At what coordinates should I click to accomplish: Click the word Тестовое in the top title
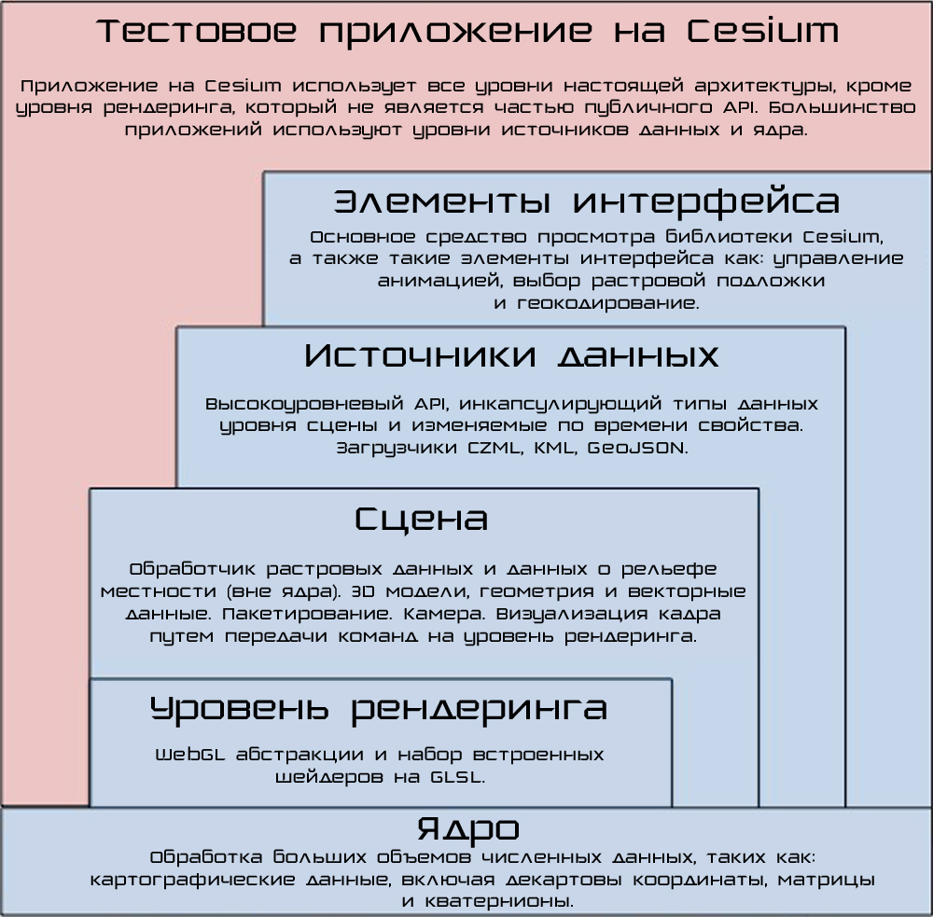(197, 31)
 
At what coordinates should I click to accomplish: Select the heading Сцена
(422, 519)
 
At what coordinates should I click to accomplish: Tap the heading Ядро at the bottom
(467, 829)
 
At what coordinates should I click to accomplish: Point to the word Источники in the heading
(421, 355)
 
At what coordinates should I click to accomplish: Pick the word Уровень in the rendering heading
(239, 709)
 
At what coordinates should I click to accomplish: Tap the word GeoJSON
(637, 448)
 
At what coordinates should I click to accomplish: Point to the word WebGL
(190, 755)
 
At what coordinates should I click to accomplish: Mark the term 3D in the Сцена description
(362, 591)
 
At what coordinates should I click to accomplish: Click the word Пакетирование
(308, 614)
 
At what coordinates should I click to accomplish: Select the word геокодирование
(608, 303)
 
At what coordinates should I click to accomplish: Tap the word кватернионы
(499, 901)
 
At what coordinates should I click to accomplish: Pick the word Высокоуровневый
(305, 404)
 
